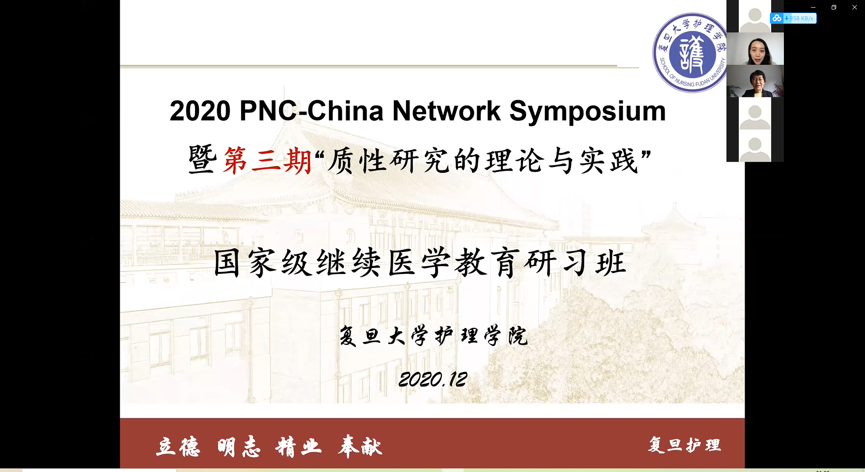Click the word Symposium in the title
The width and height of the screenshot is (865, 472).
[587, 111]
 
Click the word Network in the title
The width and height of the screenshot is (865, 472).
[446, 111]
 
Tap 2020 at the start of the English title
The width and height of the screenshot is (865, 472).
[200, 111]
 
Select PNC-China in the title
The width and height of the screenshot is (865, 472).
[311, 111]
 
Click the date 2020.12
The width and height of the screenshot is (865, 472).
[433, 380]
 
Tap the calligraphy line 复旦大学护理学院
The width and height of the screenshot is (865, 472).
[433, 336]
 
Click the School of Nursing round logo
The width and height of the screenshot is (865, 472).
[691, 53]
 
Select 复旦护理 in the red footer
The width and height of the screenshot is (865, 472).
[684, 445]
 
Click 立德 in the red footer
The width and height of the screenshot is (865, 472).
[178, 447]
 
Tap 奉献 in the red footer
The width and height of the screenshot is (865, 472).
[360, 447]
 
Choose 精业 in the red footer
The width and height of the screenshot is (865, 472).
[299, 447]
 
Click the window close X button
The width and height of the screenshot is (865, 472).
[855, 7]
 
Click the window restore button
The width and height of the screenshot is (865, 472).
[834, 7]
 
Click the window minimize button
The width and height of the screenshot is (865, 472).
[813, 7]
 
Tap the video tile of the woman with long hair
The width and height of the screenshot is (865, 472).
[755, 49]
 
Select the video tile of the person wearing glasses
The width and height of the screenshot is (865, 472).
[755, 81]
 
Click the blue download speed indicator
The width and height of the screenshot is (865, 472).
[793, 18]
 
